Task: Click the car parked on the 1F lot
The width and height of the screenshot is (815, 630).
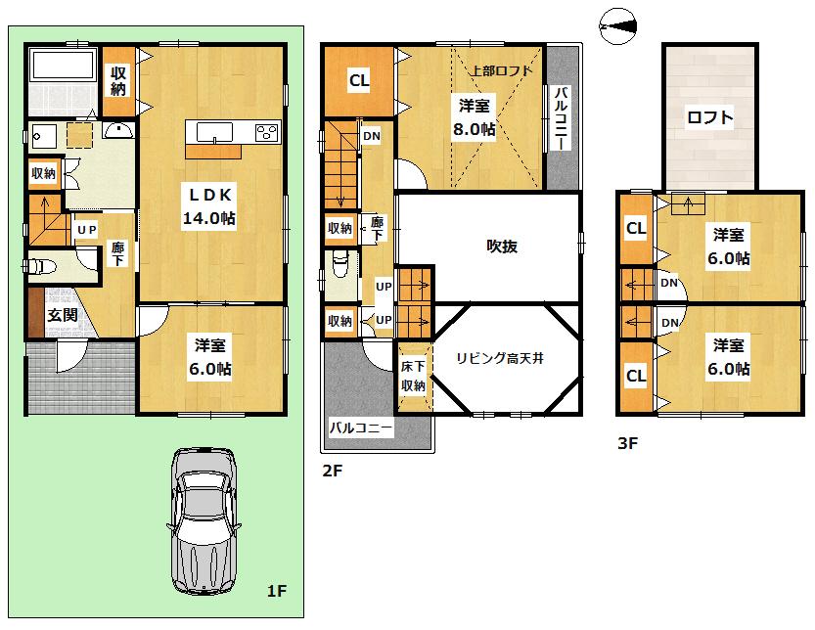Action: (x=204, y=521)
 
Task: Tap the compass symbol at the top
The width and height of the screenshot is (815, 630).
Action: (x=617, y=25)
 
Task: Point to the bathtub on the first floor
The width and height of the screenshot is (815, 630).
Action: (x=65, y=67)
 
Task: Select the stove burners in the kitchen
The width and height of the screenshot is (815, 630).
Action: (x=265, y=132)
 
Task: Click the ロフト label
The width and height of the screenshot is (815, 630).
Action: (x=709, y=118)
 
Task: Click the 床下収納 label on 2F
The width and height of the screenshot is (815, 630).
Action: (x=412, y=376)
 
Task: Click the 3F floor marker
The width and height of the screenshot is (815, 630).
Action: (x=627, y=443)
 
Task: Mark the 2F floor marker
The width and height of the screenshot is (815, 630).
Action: (x=332, y=471)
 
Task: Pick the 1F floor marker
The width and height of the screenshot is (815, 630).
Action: (x=276, y=591)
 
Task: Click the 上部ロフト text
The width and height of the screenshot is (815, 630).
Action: (x=500, y=70)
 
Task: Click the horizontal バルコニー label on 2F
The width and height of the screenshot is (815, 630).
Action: (x=360, y=428)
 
